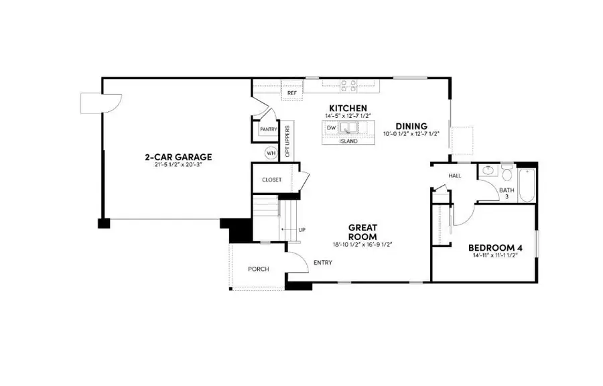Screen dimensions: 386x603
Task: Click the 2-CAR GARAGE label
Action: [x=178, y=157]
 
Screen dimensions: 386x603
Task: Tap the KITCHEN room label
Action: [x=347, y=108]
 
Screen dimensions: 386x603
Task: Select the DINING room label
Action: [x=411, y=126]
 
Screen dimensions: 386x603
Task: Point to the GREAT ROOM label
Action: [x=362, y=232]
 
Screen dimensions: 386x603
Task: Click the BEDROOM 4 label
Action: [x=496, y=247]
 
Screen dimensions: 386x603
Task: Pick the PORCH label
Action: [x=258, y=269]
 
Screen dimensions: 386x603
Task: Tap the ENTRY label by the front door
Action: [x=322, y=262]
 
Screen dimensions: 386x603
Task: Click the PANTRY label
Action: [x=269, y=129]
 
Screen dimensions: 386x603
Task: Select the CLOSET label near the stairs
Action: [x=271, y=180]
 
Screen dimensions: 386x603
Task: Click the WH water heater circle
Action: [x=271, y=153]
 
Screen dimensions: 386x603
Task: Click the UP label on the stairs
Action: [x=302, y=230]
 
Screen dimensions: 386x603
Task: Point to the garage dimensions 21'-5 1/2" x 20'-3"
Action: [x=178, y=166]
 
